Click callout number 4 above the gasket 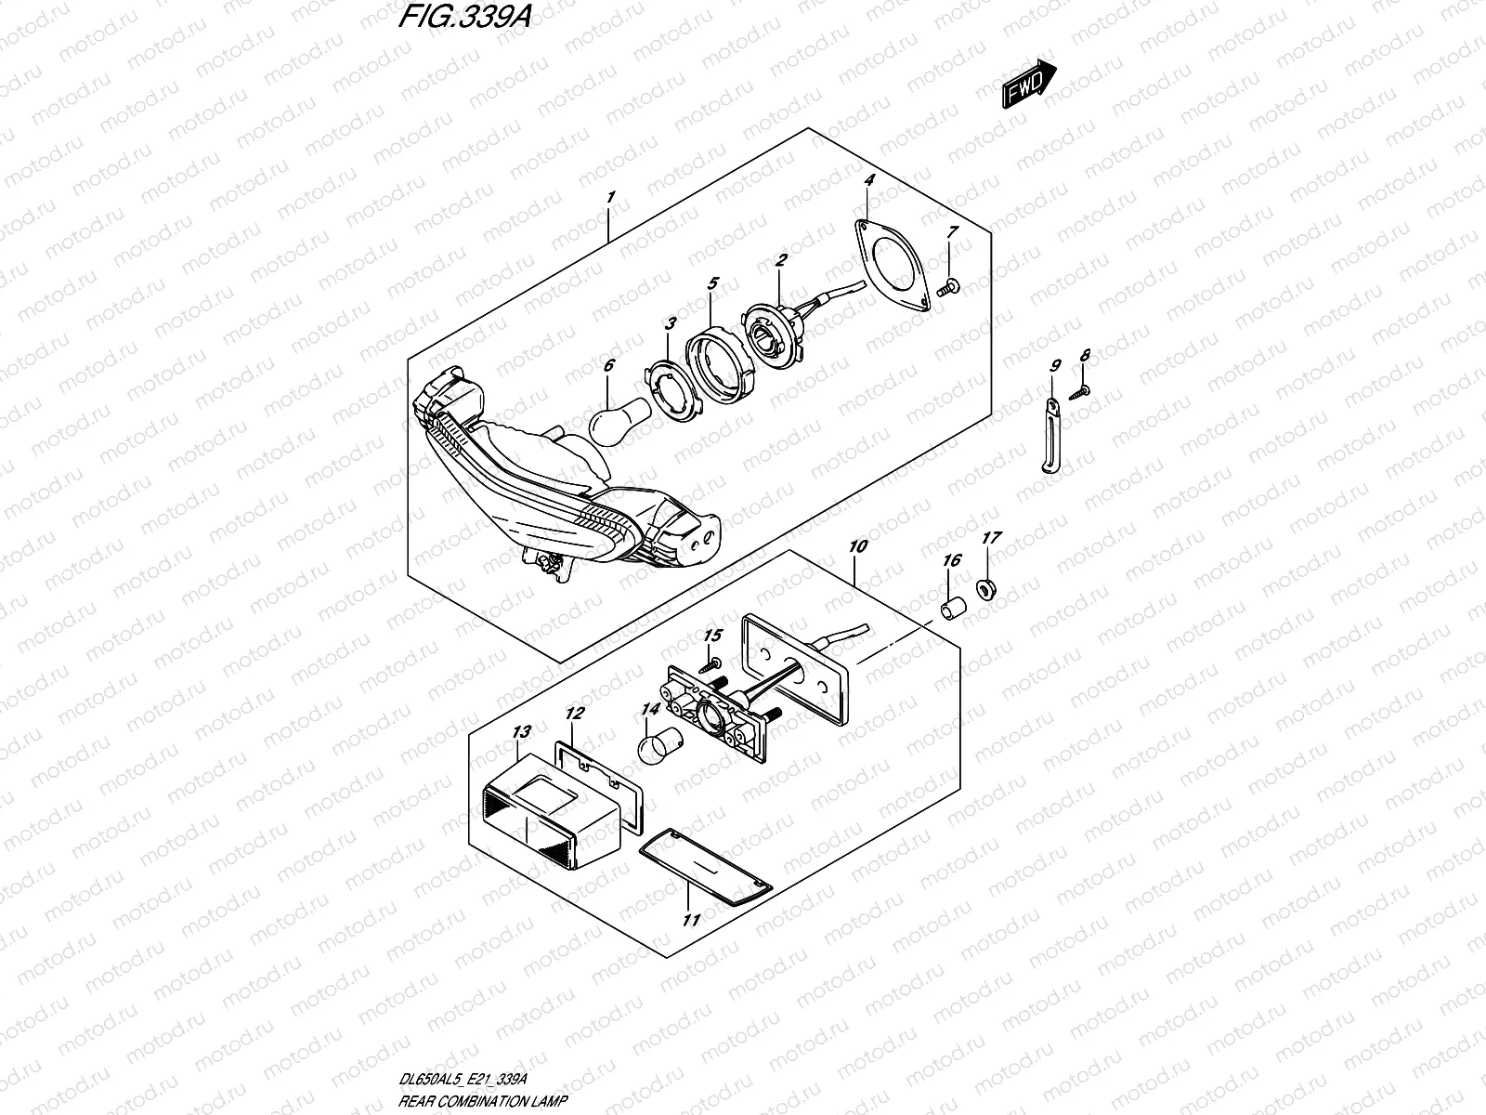point(868,179)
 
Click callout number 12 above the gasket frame point(575,714)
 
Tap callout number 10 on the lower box point(856,546)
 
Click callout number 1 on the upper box point(609,197)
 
